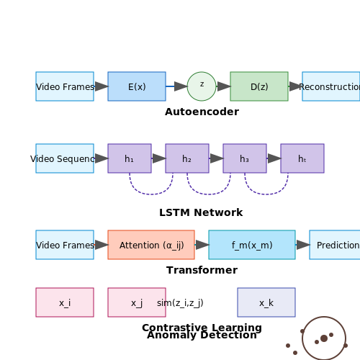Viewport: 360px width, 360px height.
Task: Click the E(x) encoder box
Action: [137, 86]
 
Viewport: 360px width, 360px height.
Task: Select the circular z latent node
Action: [202, 86]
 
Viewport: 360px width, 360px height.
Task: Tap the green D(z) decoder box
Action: [259, 86]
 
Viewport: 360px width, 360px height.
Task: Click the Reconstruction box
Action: [331, 86]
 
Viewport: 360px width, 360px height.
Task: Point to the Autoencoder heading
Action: [202, 112]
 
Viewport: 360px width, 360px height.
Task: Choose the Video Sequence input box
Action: [65, 158]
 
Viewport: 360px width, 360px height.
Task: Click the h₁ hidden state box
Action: [130, 158]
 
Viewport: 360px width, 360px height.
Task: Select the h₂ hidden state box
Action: [187, 158]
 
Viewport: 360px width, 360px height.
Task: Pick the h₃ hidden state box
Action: [245, 158]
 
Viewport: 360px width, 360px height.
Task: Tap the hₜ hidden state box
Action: [302, 158]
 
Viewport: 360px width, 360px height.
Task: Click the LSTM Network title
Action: [201, 212]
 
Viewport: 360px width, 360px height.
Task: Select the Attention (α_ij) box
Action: [151, 245]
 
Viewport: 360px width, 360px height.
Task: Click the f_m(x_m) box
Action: [252, 245]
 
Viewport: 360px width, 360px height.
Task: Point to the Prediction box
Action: [335, 245]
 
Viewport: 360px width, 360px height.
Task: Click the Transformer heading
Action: [202, 270]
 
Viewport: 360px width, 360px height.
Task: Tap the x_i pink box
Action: [65, 302]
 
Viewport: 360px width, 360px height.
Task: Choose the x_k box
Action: [266, 302]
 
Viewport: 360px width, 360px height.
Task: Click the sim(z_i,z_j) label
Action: [180, 303]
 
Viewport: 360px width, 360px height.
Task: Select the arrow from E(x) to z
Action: [176, 86]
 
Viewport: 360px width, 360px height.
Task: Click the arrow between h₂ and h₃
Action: [216, 158]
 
